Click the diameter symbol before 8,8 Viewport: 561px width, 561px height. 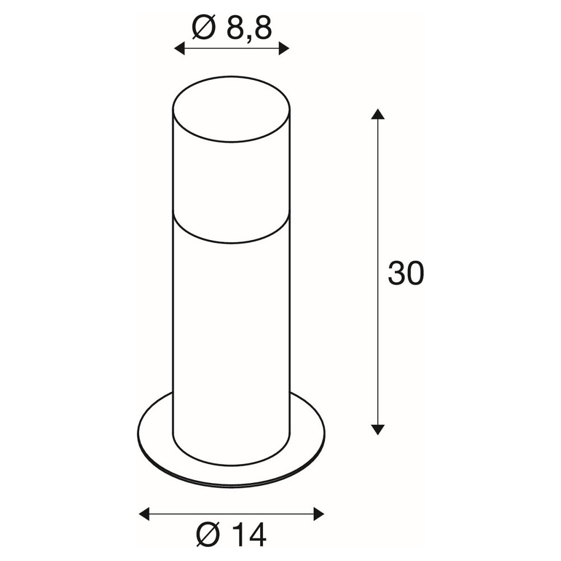tap(204, 27)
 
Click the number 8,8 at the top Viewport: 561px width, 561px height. tap(250, 28)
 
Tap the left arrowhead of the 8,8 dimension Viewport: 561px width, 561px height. tap(179, 48)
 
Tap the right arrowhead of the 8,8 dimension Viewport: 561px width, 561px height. tap(284, 48)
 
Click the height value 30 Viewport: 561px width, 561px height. tap(406, 273)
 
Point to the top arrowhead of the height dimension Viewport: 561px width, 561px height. tap(378, 114)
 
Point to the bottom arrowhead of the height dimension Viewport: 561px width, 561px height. tap(378, 429)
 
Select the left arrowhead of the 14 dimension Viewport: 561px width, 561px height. tap(144, 514)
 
